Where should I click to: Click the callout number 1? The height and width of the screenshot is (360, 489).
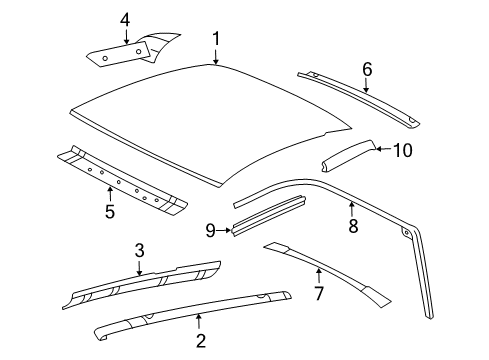click(215, 40)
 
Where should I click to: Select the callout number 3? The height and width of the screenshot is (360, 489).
click(140, 250)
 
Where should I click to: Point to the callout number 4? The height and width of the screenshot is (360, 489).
click(125, 19)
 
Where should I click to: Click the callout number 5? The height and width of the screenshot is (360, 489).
click(109, 211)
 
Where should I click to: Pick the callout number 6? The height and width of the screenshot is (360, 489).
click(366, 68)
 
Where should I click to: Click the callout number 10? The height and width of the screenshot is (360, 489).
click(402, 150)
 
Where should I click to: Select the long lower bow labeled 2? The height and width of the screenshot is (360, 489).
click(190, 313)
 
